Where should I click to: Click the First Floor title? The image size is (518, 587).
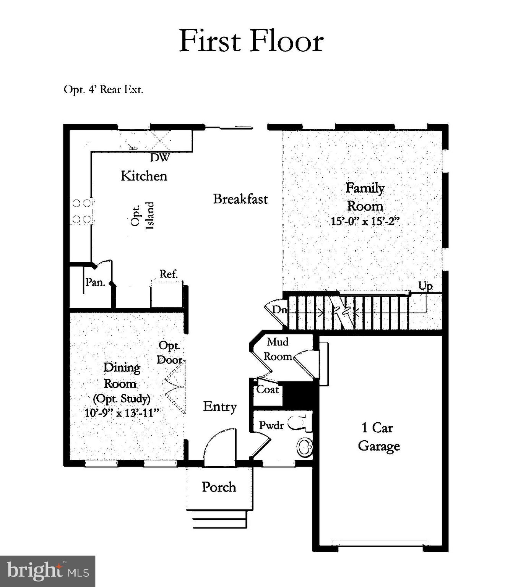pos(251,41)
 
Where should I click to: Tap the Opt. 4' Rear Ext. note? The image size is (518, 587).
pos(103,90)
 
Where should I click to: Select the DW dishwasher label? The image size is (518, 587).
pos(159,157)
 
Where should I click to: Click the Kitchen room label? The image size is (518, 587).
pos(144,176)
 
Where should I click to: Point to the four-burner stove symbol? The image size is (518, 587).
pos(82,211)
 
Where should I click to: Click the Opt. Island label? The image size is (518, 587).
pos(142,216)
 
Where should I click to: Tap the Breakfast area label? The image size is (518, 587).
pos(240,199)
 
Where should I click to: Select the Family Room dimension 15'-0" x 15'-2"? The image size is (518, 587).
pos(365,221)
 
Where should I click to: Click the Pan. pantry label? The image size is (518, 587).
pos(95,282)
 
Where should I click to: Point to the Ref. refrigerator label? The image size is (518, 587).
pos(168,274)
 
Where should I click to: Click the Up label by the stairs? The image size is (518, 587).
pos(425,286)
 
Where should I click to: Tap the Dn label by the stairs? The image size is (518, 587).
pos(279,310)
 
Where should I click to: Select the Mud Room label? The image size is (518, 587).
pos(278,349)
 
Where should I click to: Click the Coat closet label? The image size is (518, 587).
pos(267,390)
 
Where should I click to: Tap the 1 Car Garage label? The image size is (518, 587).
pos(378,437)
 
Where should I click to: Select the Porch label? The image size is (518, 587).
pos(219,487)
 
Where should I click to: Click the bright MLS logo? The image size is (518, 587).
pos(47,571)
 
